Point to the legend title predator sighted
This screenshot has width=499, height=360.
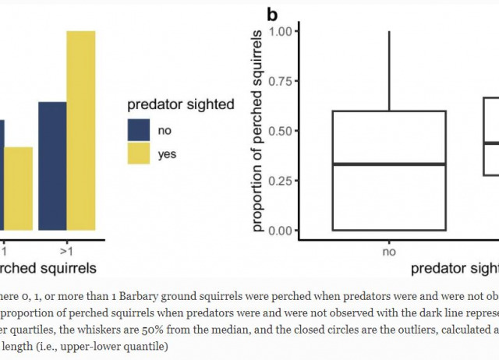pos(181,105)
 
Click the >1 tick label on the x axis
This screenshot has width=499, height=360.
pos(66,252)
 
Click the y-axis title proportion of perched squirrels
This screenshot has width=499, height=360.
pos(258,131)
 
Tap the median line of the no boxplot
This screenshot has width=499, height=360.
pos(389,164)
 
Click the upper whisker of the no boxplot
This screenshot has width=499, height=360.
pos(389,70)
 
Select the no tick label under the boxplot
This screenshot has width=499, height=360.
pos(389,252)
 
